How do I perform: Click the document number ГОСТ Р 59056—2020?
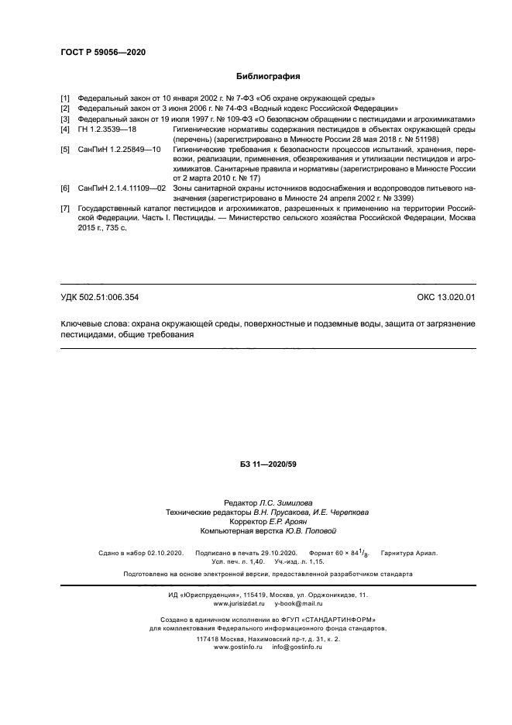pos(103,52)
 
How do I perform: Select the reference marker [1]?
pos(65,98)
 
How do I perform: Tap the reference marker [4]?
pos(65,130)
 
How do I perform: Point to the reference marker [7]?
pos(65,209)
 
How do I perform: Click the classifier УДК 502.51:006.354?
pos(100,297)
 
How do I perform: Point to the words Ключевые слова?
pos(88,323)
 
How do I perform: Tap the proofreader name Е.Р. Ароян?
pos(277,522)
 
